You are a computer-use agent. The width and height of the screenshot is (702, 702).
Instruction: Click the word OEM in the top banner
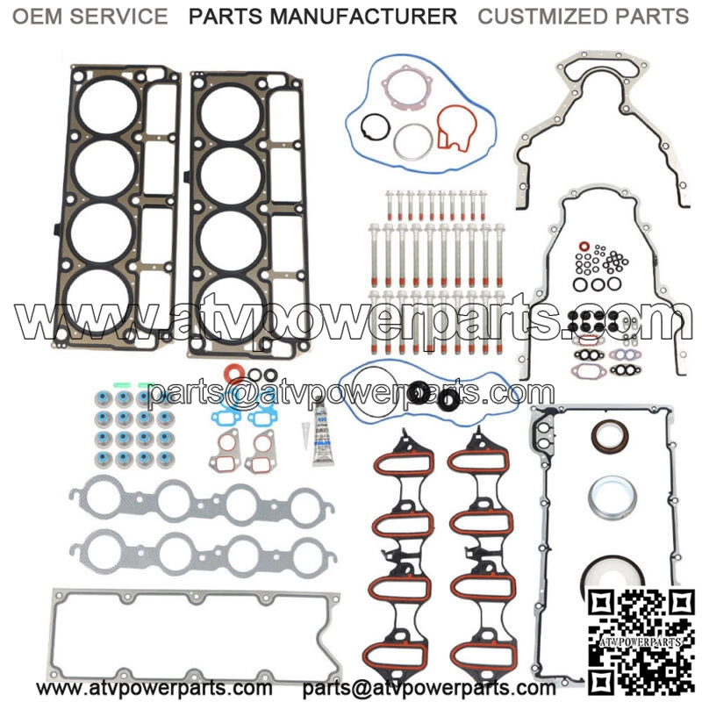(38, 17)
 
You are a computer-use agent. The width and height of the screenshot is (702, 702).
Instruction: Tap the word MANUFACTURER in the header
(362, 17)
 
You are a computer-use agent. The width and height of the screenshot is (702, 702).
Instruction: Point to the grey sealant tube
(323, 432)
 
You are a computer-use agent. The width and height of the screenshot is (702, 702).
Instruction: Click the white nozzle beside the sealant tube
(305, 435)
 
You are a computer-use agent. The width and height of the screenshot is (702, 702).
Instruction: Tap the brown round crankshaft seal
(609, 436)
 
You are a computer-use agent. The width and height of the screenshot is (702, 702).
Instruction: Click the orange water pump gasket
(456, 129)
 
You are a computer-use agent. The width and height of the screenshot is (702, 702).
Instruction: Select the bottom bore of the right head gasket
(232, 309)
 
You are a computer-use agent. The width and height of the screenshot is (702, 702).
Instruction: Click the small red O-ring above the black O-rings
(584, 246)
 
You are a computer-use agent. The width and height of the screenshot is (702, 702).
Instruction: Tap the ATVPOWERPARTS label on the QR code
(641, 642)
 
